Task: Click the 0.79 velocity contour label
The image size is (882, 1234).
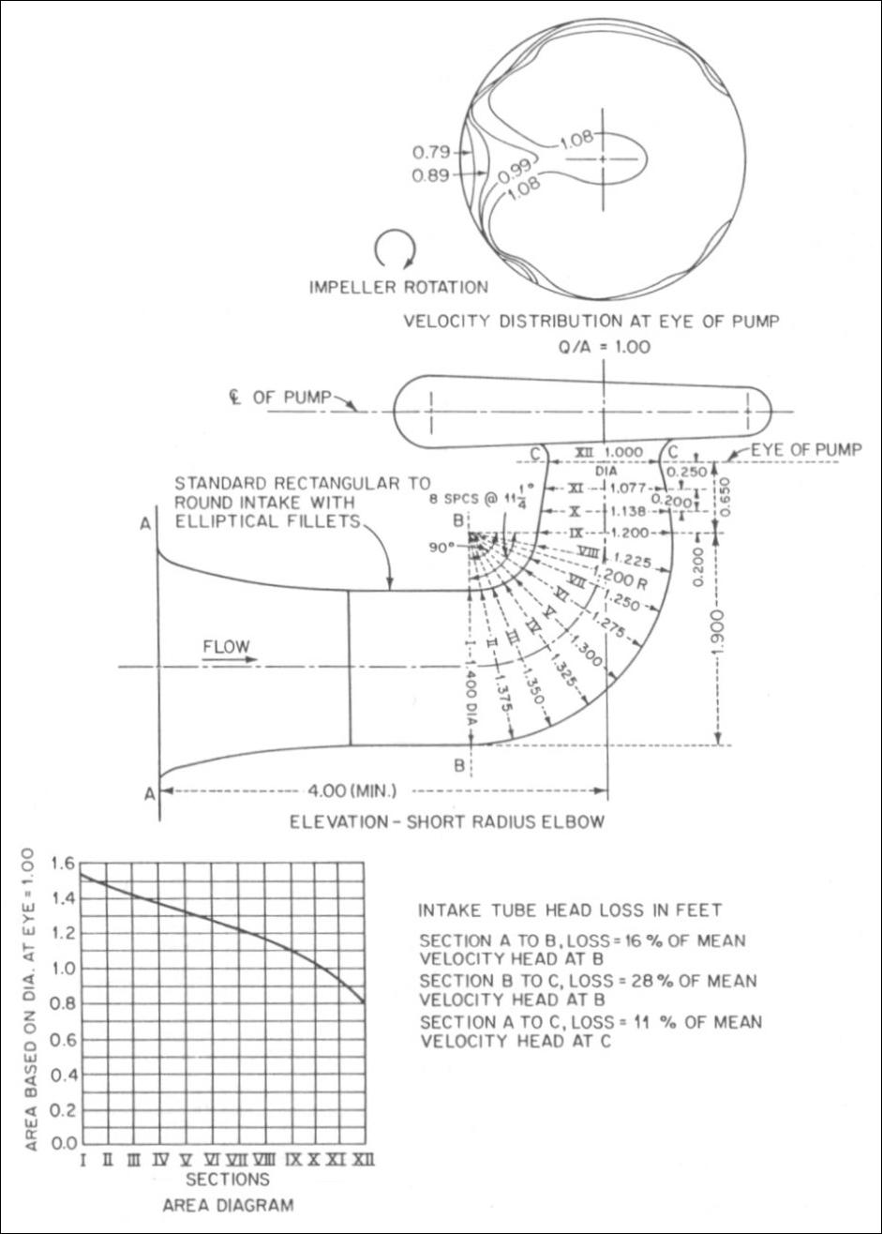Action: [x=431, y=152]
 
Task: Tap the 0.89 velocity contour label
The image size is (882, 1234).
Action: [x=431, y=175]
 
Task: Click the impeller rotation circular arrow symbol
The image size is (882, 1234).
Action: [x=395, y=249]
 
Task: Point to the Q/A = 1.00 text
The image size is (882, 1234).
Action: [x=604, y=347]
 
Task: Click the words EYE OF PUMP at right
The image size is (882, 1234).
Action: [x=807, y=450]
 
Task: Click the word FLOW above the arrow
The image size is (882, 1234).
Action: [x=226, y=646]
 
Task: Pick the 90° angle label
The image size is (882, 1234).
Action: [x=441, y=549]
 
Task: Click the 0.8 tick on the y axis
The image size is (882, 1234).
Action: [x=61, y=1002]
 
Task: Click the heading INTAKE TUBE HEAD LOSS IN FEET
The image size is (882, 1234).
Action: [x=570, y=910]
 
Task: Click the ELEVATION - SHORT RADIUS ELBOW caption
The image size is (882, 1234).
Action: [x=447, y=822]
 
